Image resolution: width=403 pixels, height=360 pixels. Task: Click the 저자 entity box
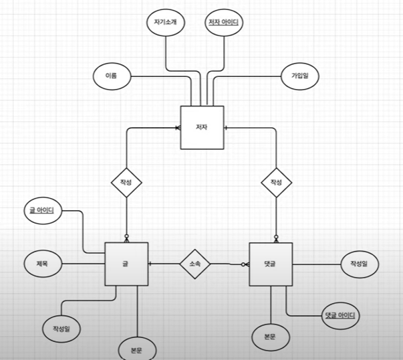[202, 127]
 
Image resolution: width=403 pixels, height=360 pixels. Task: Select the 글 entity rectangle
[126, 264]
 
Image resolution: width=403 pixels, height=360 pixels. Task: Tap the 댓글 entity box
[270, 264]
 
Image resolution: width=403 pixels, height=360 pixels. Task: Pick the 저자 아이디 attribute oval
[223, 23]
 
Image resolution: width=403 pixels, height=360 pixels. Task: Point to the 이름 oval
[111, 76]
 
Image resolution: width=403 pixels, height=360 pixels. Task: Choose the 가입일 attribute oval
[299, 76]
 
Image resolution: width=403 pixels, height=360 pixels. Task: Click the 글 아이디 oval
[42, 211]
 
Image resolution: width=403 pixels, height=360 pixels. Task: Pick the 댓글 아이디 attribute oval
[340, 314]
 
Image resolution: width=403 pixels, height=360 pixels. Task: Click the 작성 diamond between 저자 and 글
[126, 182]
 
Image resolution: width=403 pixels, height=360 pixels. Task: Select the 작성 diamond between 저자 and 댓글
[276, 182]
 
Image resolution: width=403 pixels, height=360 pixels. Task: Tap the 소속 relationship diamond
[194, 264]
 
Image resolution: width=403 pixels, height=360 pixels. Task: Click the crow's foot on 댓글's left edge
[245, 264]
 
